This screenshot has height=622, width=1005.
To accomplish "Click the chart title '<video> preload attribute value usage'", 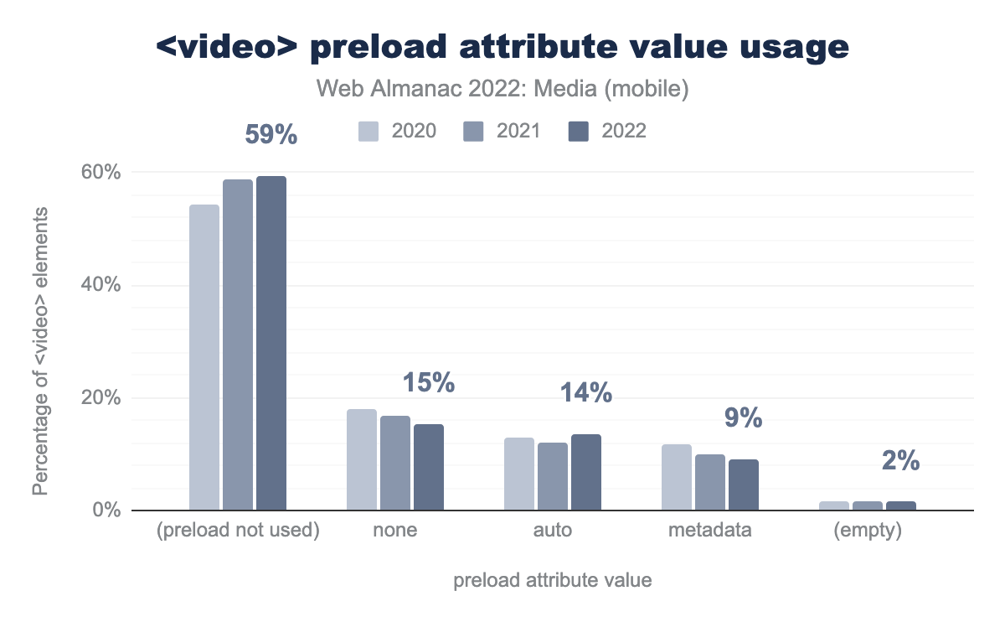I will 502,48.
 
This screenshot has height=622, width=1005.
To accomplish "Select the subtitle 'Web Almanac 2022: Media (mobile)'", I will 502,89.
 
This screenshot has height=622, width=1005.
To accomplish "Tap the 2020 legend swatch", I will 369,132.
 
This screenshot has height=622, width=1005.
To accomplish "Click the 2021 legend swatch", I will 474,132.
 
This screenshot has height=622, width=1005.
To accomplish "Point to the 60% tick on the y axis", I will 100,173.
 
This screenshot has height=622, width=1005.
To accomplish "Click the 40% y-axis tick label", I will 100,286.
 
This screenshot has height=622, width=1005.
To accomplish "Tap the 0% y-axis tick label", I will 106,511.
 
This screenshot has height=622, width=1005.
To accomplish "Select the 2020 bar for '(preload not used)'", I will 204,357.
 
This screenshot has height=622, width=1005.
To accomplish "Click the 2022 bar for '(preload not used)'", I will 271,343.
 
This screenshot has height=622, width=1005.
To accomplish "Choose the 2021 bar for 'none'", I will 395,463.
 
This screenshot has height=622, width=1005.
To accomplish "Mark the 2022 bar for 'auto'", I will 586,472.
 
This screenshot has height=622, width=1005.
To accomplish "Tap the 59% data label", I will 271,135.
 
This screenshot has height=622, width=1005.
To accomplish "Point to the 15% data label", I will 428,383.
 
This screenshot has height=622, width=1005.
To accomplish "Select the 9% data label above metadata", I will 743,417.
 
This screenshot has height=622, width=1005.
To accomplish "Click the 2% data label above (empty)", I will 900,461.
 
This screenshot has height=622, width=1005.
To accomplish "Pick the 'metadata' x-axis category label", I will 710,531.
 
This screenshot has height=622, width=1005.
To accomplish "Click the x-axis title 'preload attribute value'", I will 553,581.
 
